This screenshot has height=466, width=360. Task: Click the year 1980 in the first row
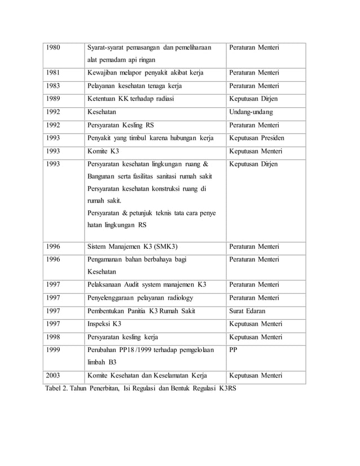coord(54,47)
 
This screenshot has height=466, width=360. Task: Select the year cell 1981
coord(54,73)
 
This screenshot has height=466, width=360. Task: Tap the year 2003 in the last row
coord(54,376)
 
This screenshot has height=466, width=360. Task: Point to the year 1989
coord(54,99)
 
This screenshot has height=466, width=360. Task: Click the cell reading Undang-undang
coord(252,112)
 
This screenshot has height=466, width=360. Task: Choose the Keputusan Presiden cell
coord(257,138)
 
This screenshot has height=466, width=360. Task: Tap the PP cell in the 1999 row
coord(234,350)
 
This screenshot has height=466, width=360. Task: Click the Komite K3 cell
coord(103,151)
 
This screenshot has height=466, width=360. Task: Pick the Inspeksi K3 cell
coord(104,324)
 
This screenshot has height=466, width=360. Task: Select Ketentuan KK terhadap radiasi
coord(131,99)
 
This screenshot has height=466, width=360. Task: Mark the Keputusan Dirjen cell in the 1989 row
coord(253,99)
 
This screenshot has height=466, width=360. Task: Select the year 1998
coord(54,337)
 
